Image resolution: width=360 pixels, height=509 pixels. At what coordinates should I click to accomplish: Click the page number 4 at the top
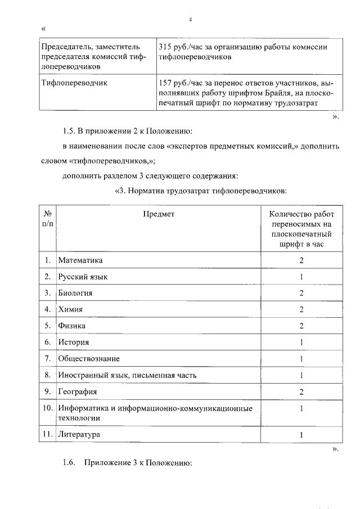click(191, 20)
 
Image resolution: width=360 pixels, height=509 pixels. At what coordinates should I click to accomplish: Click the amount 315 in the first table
click(167, 46)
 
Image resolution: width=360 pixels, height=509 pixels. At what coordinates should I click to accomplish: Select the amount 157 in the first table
click(167, 83)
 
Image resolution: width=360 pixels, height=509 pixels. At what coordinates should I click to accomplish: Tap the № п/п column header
click(48, 219)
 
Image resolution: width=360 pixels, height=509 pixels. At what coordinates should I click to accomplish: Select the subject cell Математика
click(80, 260)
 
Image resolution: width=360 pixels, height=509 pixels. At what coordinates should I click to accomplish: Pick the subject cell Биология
click(75, 293)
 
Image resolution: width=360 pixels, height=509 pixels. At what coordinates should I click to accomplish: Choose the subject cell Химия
click(70, 309)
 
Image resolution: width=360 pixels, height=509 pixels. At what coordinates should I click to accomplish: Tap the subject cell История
click(74, 342)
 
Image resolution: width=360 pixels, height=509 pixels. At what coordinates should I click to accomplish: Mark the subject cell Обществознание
click(88, 358)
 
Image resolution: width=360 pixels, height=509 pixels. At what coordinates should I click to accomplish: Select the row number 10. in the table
click(48, 408)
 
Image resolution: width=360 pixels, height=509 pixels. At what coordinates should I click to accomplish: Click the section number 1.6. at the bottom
click(69, 464)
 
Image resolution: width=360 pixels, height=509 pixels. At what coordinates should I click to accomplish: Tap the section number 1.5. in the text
click(69, 132)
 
